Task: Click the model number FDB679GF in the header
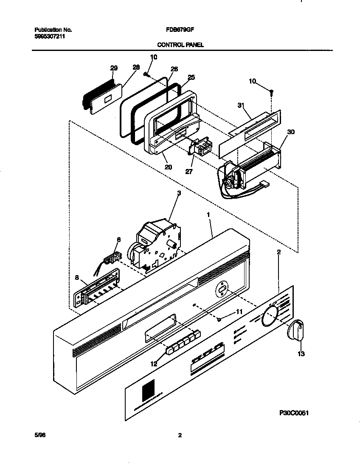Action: tap(180, 30)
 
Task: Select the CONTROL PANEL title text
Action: tap(180, 44)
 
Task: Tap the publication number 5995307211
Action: tap(50, 37)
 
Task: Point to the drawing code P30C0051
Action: tap(293, 412)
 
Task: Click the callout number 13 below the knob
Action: tap(301, 354)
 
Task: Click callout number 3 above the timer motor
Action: tap(179, 193)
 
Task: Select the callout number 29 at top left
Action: tap(114, 68)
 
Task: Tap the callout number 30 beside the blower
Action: tap(290, 132)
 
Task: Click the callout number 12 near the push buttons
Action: tap(154, 363)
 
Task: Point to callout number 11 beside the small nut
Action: tap(239, 312)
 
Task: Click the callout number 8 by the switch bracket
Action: tap(77, 278)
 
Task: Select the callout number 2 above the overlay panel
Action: tap(278, 252)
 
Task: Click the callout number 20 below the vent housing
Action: tap(168, 167)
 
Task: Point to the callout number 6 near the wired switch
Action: tap(118, 240)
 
